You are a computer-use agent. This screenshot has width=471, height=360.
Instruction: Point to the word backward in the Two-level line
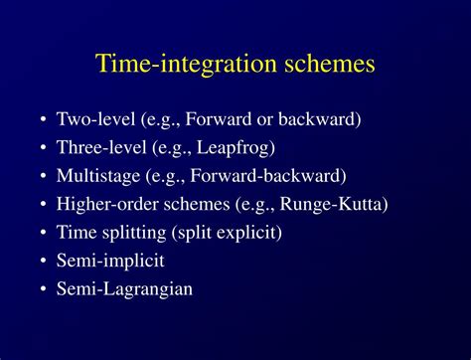[x=324, y=119]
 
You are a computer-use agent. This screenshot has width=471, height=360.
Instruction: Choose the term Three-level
[x=98, y=148]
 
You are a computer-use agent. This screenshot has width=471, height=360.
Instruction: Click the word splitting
[x=135, y=233]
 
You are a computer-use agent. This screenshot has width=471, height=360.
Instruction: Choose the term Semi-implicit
[x=109, y=262]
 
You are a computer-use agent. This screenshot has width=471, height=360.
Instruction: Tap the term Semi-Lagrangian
[x=124, y=290]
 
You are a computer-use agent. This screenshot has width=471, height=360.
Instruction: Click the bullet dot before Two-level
[x=45, y=120]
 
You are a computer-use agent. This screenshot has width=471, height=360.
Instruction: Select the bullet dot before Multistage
[x=45, y=177]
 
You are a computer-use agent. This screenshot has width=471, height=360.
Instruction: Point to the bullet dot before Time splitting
[x=45, y=234]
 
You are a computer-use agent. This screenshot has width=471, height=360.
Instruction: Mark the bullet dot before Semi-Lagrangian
[x=45, y=290]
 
